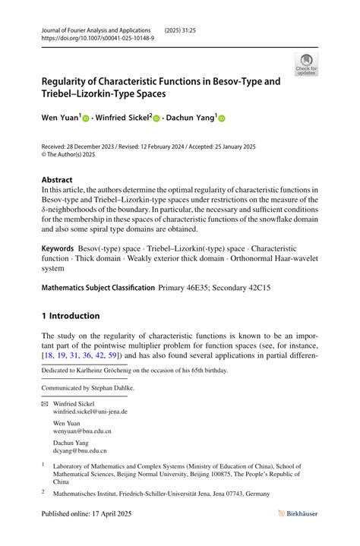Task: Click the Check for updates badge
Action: (306, 65)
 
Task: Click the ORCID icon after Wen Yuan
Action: (86, 119)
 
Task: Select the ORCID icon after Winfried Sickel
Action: (156, 119)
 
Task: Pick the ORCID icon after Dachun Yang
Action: (223, 119)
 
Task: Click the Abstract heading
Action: (57, 181)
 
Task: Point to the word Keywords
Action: (58, 248)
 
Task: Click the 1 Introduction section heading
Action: (71, 316)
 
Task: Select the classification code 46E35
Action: (208, 288)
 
